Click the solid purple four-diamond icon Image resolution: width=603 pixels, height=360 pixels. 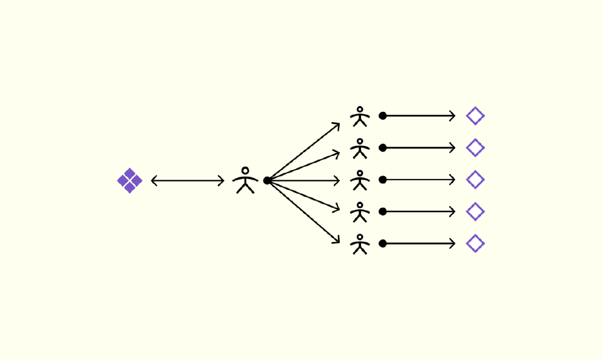point(130,181)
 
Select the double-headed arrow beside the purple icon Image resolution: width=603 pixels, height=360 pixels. point(188,181)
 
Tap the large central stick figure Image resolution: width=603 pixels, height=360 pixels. point(245,181)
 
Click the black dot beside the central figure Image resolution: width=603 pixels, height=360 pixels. point(267,180)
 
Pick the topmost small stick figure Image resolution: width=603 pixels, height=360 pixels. point(360,117)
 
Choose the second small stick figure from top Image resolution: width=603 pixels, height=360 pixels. point(360,148)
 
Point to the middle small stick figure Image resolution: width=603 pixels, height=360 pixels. point(360,180)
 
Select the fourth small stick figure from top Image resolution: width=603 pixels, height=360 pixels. point(360,212)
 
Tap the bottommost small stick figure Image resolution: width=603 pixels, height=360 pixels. point(360,244)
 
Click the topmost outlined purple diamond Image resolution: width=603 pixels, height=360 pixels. point(475,116)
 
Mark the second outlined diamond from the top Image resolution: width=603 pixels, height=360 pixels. point(475,148)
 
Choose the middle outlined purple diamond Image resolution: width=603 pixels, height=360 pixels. point(475,180)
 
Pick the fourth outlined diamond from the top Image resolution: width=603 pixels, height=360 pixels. point(475,212)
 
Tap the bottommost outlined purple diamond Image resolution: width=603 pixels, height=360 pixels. point(475,243)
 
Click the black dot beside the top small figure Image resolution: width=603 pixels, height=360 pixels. point(383,116)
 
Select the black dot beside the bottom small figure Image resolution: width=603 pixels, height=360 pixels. point(383,243)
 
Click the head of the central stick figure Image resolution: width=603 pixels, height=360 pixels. point(245,171)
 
